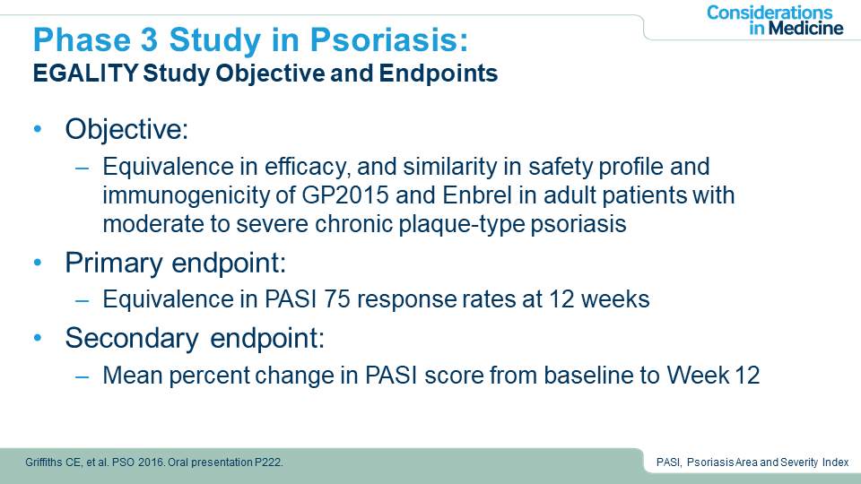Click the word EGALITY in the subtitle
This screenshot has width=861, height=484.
tap(85, 73)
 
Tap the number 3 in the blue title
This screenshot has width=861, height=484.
tap(148, 40)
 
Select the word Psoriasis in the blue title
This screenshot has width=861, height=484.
tap(388, 40)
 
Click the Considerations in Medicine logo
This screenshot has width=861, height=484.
tap(775, 21)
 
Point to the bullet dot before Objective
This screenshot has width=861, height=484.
tap(38, 129)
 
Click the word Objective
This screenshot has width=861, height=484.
tap(126, 129)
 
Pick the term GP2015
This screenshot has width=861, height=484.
tap(345, 195)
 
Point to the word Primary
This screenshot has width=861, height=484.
tap(114, 264)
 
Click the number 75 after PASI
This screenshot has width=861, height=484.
tap(336, 299)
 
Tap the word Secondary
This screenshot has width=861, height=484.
tap(132, 338)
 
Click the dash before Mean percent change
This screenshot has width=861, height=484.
tap(83, 376)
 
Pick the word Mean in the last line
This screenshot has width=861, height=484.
tap(133, 376)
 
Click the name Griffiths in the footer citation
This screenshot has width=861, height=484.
tap(45, 462)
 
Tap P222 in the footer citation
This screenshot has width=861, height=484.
tap(268, 462)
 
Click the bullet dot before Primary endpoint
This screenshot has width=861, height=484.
tap(38, 263)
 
